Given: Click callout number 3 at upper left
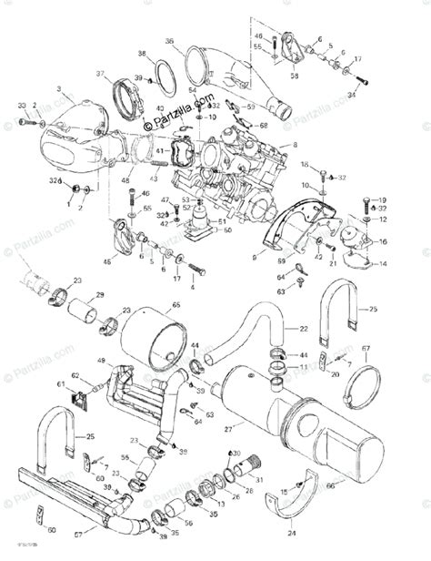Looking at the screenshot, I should pos(58,88).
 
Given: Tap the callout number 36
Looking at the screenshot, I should pos(169,41).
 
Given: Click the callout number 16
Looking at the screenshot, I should pos(382,242).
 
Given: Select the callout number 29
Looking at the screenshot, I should pos(100,295).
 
